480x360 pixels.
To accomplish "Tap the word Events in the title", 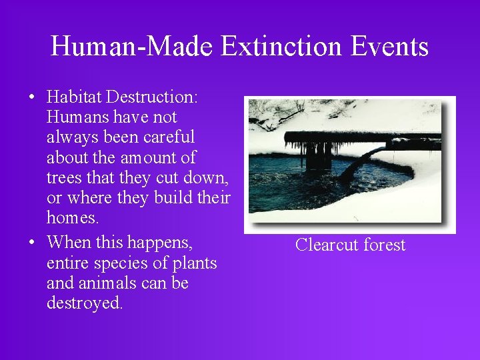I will pos(389,47).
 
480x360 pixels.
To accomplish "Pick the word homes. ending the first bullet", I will pos(72,218).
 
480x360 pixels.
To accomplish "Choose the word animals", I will pos(108,283).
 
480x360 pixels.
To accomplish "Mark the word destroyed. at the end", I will pos(85,303).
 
